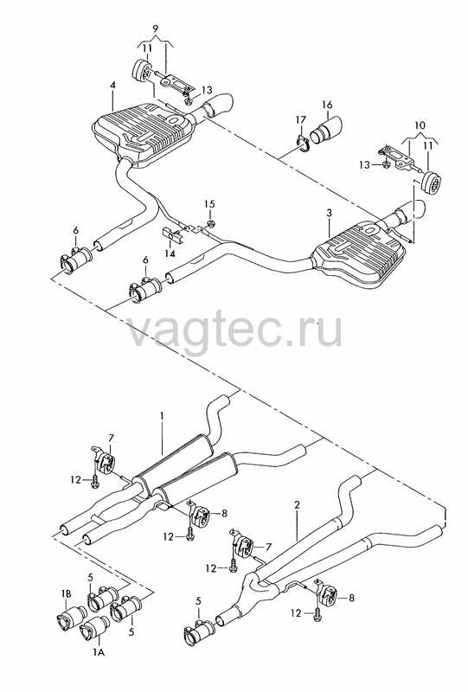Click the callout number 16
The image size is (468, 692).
(327, 105)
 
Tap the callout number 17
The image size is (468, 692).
(301, 119)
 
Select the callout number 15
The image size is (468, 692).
(209, 204)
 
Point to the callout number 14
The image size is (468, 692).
(170, 253)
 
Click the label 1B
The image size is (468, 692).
(66, 594)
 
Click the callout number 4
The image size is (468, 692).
(113, 84)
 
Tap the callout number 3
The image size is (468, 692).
(329, 213)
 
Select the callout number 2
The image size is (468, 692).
(297, 504)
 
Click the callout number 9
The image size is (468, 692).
(155, 29)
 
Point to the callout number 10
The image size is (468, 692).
(420, 125)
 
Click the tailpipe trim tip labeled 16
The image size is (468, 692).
(326, 129)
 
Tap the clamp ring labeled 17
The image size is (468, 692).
(301, 144)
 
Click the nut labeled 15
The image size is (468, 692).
(211, 223)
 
